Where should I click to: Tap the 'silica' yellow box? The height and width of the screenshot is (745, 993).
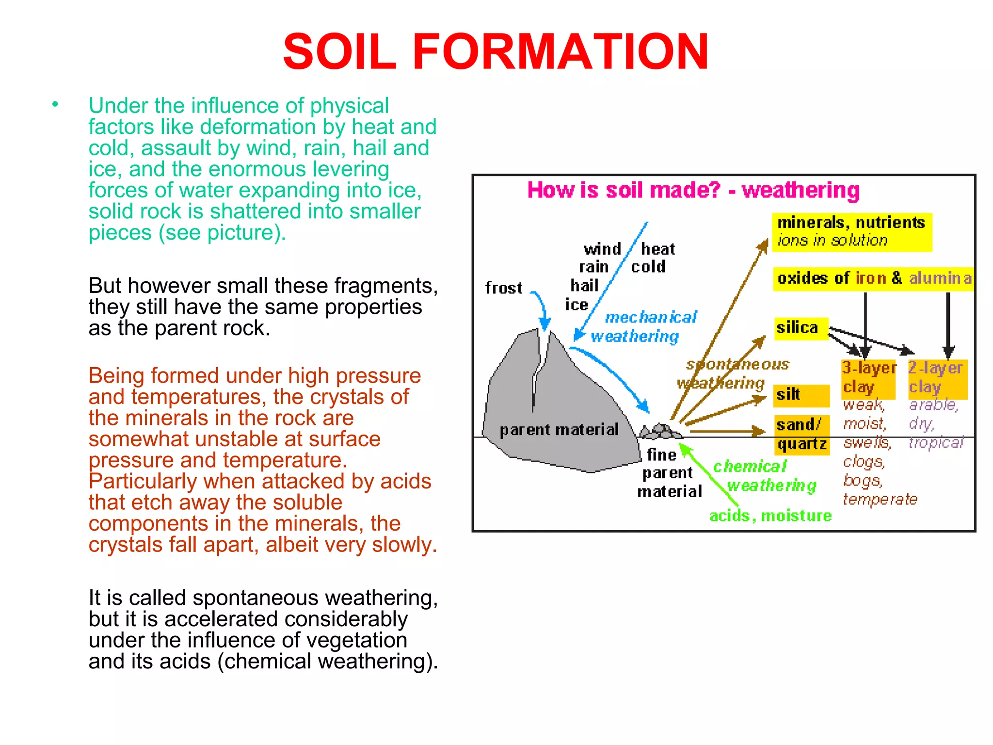click(x=801, y=328)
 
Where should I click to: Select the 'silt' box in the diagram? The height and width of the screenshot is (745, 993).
click(x=801, y=395)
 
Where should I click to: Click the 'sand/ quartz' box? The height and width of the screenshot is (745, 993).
click(x=801, y=435)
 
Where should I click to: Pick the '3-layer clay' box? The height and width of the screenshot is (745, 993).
click(x=868, y=378)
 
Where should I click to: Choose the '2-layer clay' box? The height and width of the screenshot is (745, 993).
click(x=937, y=378)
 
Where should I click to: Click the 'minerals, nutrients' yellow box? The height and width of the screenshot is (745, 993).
click(x=851, y=232)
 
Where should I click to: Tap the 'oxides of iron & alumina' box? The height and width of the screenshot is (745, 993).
click(x=873, y=278)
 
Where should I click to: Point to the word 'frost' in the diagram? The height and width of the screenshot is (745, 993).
click(x=503, y=288)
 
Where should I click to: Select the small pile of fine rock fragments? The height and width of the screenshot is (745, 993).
click(x=660, y=431)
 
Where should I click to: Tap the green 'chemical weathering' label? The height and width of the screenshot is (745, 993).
click(x=764, y=476)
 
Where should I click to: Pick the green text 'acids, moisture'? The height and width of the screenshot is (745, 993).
click(x=770, y=516)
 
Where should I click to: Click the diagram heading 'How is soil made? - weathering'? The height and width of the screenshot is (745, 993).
click(x=693, y=191)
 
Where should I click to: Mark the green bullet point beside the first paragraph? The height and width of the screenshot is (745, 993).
click(x=55, y=104)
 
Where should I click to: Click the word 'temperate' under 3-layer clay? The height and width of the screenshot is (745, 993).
click(x=880, y=499)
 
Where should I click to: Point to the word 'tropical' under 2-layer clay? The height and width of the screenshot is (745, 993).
click(x=936, y=443)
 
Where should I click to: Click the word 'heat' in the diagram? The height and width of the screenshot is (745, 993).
click(x=657, y=249)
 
